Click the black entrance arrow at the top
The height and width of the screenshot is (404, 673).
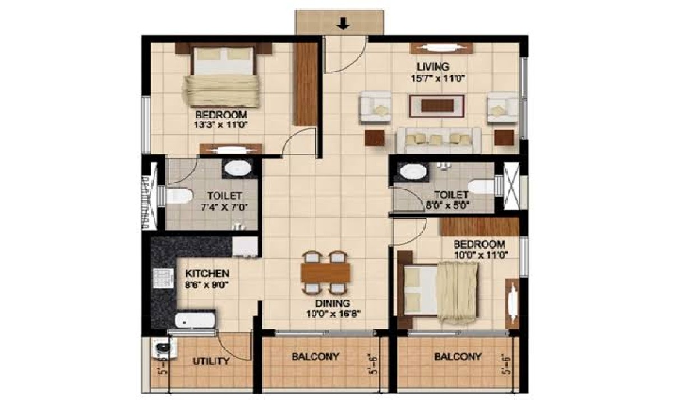(343, 24)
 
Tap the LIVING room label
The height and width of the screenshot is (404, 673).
(432, 66)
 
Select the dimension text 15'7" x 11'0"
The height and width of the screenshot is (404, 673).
(437, 79)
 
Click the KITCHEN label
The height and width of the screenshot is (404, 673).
(207, 274)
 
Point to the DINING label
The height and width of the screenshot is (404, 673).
(333, 303)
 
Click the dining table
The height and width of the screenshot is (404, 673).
(325, 272)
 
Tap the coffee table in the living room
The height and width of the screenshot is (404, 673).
(437, 106)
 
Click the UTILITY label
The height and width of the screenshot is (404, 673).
(211, 361)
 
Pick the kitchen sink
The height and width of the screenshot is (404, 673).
(195, 319)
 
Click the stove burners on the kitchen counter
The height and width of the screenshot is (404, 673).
(163, 278)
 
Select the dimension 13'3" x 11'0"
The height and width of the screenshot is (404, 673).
(221, 125)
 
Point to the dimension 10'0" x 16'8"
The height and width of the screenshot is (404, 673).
(333, 314)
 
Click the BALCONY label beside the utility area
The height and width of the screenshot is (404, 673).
(315, 356)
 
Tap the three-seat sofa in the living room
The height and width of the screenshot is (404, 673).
(439, 141)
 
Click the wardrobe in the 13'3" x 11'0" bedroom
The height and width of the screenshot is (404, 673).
(305, 84)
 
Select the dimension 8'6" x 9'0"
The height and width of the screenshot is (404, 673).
(205, 284)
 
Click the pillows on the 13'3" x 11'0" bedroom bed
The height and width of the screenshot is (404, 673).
(224, 55)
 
